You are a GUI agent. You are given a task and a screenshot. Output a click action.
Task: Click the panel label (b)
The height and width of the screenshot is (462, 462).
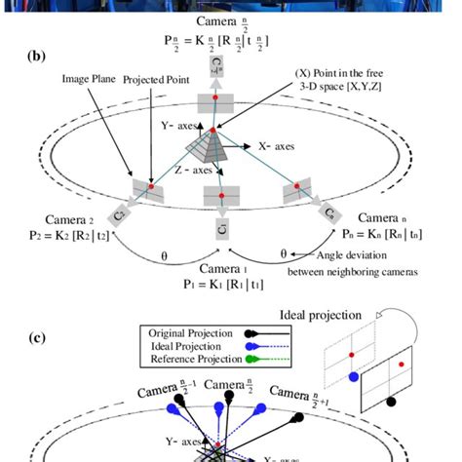coord(37,57)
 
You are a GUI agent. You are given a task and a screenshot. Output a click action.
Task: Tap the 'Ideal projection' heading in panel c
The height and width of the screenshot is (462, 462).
coord(323,315)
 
